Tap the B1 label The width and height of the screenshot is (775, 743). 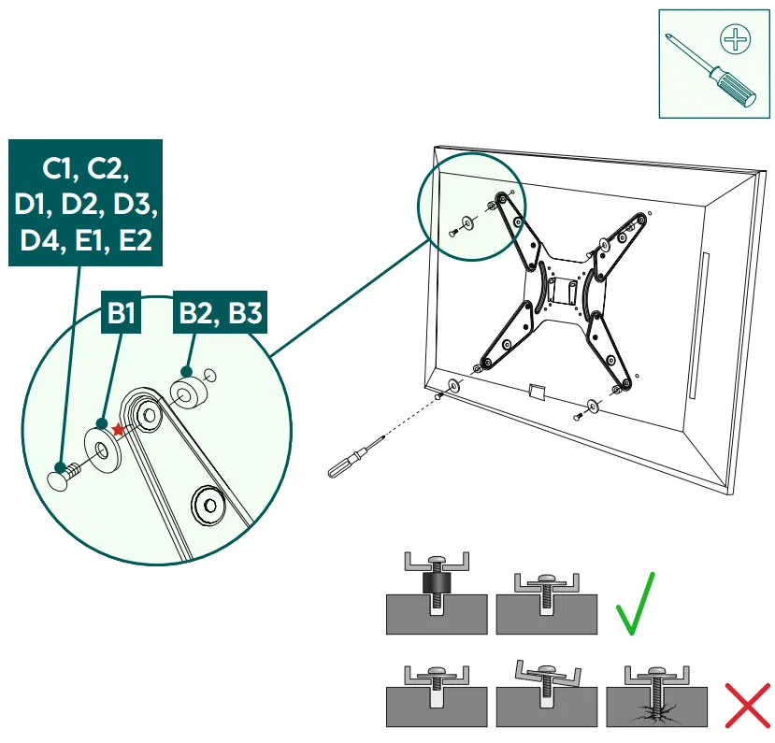[121, 313]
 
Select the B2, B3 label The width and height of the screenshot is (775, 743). [219, 313]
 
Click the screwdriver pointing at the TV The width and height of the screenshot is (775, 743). [355, 457]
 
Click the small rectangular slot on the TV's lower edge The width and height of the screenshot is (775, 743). [536, 389]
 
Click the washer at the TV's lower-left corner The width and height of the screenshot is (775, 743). [453, 384]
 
